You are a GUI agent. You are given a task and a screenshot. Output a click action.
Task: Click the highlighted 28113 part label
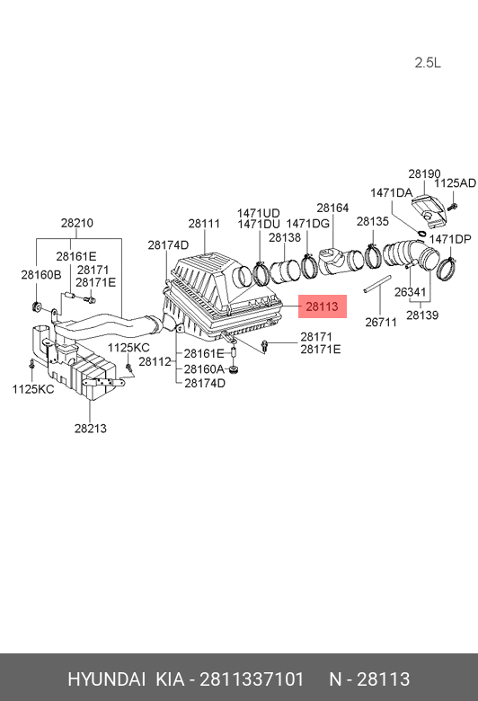[321, 306]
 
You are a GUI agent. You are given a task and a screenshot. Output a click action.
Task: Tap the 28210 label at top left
[77, 223]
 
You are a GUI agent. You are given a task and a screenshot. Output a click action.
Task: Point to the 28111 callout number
[204, 224]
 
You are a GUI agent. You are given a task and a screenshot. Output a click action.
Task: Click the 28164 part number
[332, 209]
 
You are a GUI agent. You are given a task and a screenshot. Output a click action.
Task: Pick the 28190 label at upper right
[424, 173]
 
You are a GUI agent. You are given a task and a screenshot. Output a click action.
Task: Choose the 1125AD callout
[455, 183]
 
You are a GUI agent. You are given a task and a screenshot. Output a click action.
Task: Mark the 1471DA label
[391, 193]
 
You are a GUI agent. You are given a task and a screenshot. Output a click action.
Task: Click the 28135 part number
[372, 220]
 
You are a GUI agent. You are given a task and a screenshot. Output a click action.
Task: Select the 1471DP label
[449, 239]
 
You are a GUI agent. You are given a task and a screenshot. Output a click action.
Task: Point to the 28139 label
[421, 315]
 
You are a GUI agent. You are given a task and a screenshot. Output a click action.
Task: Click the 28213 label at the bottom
[90, 429]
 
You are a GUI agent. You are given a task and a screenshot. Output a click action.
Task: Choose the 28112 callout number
[155, 361]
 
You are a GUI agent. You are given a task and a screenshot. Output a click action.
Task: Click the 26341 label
[411, 292]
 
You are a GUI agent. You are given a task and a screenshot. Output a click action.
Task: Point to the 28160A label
[204, 369]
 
